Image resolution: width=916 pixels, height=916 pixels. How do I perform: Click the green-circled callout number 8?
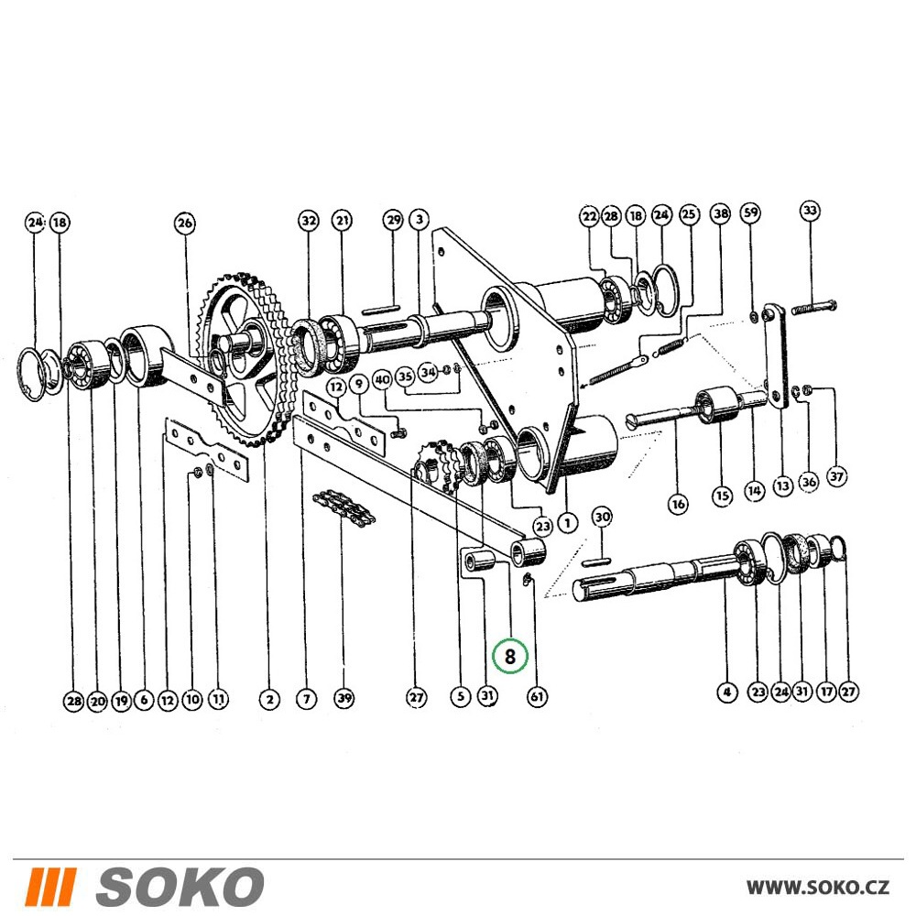(x=509, y=656)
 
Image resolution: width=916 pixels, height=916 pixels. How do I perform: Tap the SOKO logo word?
(x=180, y=887)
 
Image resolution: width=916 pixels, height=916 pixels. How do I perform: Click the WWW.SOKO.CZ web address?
(x=818, y=888)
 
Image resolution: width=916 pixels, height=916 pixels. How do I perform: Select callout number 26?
(x=185, y=223)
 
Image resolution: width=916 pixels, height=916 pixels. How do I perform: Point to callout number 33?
(x=810, y=211)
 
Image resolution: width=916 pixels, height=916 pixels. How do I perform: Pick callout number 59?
(x=751, y=212)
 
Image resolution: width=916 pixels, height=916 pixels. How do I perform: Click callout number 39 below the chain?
(x=344, y=697)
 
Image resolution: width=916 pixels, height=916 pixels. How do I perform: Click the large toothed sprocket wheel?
(x=245, y=359)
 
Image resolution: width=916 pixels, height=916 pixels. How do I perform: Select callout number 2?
(x=269, y=699)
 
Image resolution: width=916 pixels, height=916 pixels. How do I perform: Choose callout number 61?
(x=537, y=696)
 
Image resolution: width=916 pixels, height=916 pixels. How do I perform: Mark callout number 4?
(x=726, y=692)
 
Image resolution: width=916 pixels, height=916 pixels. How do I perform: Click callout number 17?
(x=826, y=692)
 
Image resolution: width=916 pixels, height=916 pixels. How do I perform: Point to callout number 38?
(x=721, y=213)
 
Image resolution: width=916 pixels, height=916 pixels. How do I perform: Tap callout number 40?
(x=382, y=380)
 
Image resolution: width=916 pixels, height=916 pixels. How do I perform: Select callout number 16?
(x=678, y=504)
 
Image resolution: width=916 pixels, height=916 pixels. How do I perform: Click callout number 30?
(x=603, y=517)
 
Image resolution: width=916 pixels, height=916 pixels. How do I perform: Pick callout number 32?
(x=309, y=220)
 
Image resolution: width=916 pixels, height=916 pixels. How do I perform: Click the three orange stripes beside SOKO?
(x=52, y=887)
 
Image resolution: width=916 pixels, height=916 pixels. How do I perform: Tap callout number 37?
(x=836, y=476)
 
